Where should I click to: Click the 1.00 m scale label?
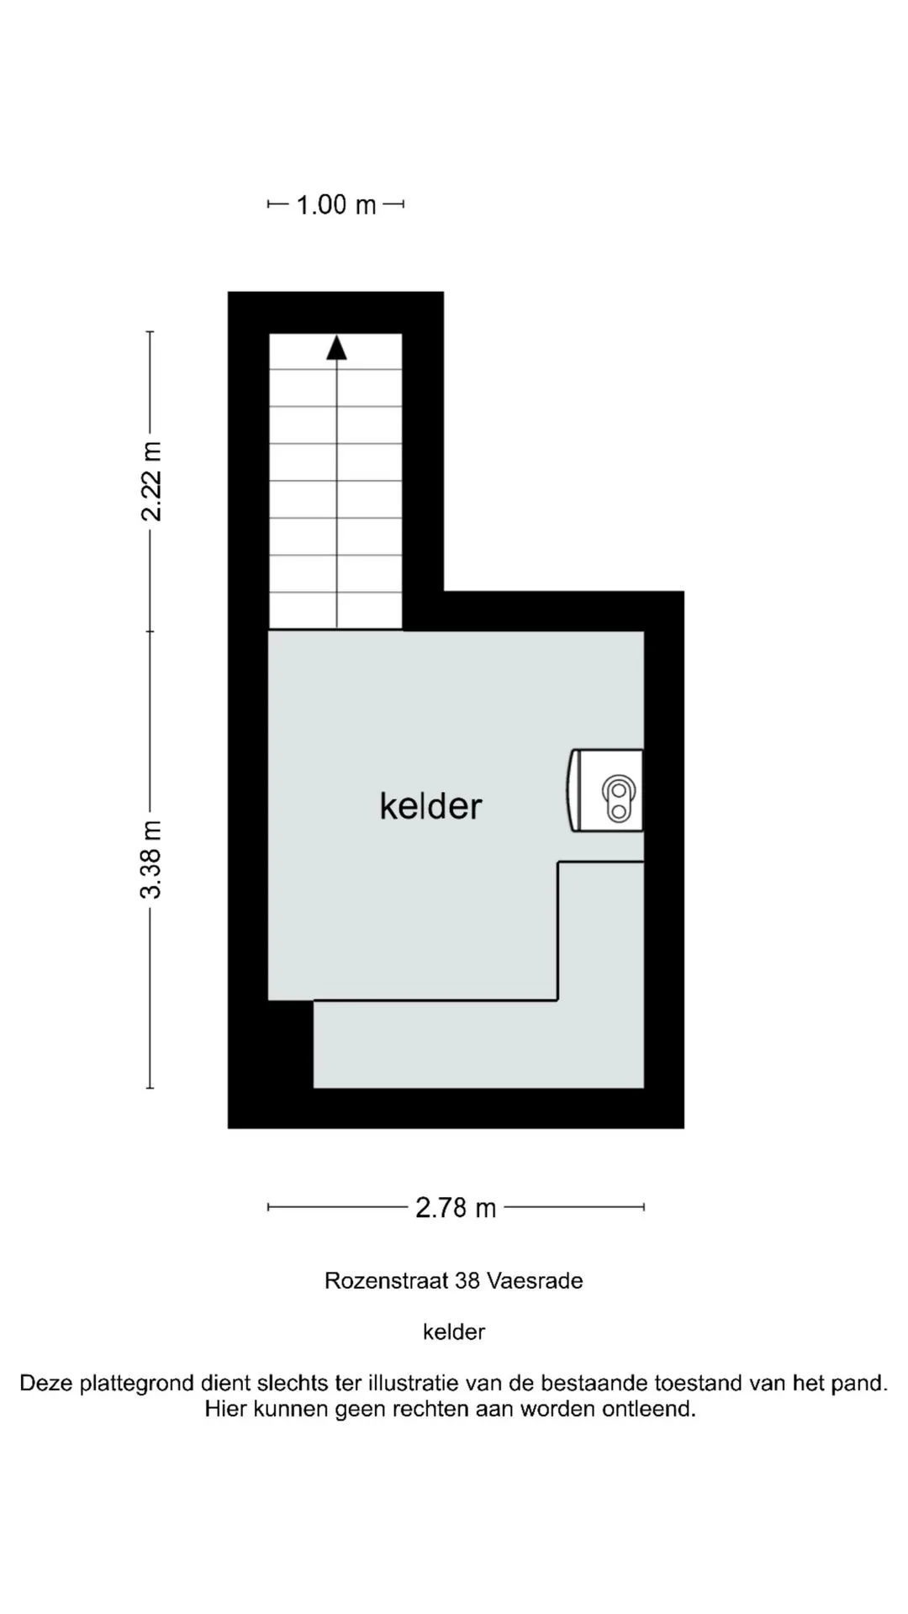(x=335, y=204)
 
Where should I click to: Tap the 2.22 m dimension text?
(x=151, y=481)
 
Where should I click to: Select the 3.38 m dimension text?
(x=151, y=859)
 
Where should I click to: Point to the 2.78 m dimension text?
(x=456, y=1208)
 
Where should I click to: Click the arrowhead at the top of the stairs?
(x=336, y=347)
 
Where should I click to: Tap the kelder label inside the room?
(x=430, y=806)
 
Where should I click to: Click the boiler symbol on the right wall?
(x=605, y=790)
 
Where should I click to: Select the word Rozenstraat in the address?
(x=387, y=1281)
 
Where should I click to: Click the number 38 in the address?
(x=467, y=1281)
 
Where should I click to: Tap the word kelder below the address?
(x=454, y=1332)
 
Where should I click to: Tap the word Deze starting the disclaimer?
(x=47, y=1384)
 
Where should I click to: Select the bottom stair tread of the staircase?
(x=335, y=610)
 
